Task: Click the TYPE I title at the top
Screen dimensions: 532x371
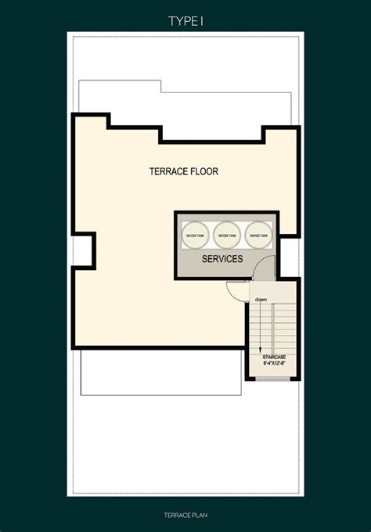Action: (x=185, y=21)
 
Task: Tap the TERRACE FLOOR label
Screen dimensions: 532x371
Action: (x=183, y=171)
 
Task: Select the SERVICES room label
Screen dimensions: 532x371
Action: (x=222, y=258)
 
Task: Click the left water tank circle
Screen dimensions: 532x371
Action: (x=195, y=234)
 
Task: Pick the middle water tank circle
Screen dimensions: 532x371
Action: (x=227, y=234)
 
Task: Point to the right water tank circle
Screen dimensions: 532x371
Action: (x=258, y=234)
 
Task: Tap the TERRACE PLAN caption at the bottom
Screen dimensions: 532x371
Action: (x=185, y=517)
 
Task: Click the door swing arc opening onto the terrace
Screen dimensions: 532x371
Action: (x=234, y=290)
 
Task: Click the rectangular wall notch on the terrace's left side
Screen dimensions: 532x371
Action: (x=84, y=250)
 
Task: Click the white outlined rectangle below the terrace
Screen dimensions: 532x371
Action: (x=160, y=372)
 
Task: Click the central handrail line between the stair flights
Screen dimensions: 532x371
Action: (x=273, y=329)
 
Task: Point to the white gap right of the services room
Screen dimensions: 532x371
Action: (x=289, y=257)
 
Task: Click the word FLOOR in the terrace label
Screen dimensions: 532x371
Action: (x=203, y=171)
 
